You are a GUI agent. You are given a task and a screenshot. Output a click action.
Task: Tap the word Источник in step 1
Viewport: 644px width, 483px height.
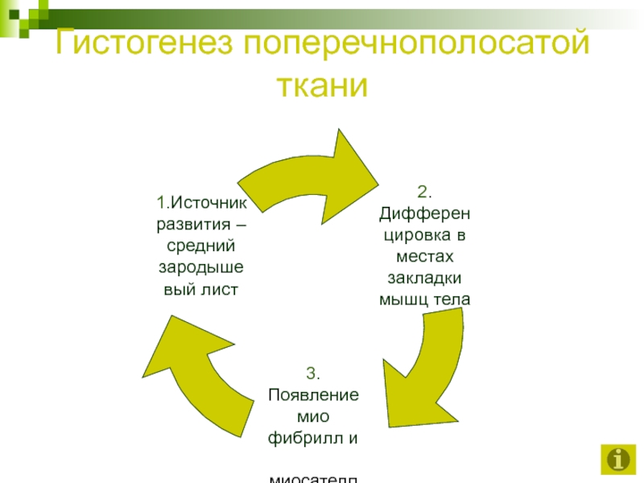click(x=208, y=201)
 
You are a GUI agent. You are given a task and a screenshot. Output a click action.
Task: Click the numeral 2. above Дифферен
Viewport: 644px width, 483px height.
click(x=424, y=192)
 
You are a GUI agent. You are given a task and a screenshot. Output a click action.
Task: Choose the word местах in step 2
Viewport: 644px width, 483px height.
click(x=424, y=257)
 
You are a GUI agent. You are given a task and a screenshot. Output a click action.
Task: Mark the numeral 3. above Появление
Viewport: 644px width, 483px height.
click(x=312, y=374)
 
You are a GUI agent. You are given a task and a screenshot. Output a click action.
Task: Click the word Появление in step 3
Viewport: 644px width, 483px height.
click(x=312, y=395)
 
